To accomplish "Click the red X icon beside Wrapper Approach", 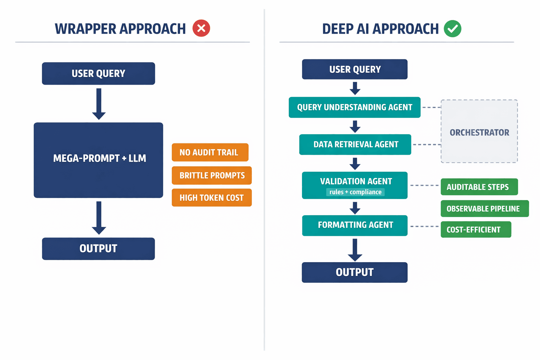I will [201, 28].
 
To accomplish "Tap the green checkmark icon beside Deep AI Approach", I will [452, 28].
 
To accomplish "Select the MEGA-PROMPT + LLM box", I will [98, 160].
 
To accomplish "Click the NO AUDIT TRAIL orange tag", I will [210, 152].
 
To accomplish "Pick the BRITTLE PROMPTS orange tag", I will [212, 175].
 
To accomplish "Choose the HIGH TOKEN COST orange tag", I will [212, 198].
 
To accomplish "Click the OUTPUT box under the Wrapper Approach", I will [98, 249].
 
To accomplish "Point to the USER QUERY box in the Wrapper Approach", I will [98, 73].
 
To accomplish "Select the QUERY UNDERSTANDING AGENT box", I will [354, 107].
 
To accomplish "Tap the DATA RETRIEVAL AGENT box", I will [355, 144].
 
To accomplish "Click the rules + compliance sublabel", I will [355, 192].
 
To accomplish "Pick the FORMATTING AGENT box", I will [355, 225].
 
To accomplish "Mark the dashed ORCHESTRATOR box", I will [479, 131].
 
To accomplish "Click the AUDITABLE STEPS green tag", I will [479, 187].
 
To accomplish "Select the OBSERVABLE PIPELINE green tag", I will [484, 208].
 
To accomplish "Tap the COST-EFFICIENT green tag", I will [476, 230].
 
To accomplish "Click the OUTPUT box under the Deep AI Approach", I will [354, 272].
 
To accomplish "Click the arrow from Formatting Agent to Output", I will [355, 250].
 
